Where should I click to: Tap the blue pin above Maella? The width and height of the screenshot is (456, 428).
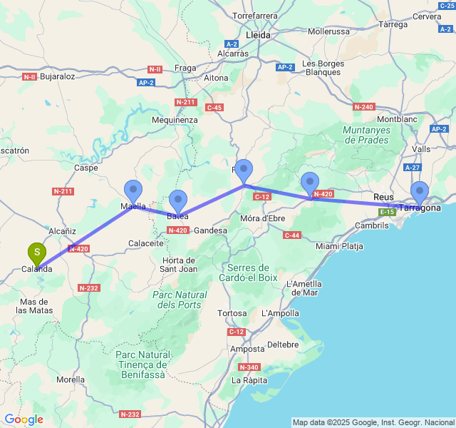click(x=133, y=190)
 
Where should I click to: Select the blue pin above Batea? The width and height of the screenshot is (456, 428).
click(x=177, y=200)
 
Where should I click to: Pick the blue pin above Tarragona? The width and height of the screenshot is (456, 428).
click(x=420, y=191)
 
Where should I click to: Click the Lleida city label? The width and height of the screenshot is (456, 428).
click(x=257, y=35)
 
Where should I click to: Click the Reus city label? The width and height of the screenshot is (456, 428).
click(x=383, y=196)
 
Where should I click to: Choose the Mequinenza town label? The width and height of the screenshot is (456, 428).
click(x=175, y=120)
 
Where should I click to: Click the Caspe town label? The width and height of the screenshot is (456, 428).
click(x=86, y=168)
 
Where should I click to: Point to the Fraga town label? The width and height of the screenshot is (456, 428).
click(x=185, y=68)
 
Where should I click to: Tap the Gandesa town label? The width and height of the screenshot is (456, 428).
click(x=210, y=230)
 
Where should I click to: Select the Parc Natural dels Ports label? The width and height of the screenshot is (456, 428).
click(x=179, y=300)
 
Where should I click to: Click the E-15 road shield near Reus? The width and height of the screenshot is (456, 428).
click(x=387, y=212)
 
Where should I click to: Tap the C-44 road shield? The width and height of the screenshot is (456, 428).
click(x=291, y=235)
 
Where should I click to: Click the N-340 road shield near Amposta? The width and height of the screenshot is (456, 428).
click(x=249, y=367)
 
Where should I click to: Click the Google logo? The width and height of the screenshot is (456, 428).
click(x=24, y=419)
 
